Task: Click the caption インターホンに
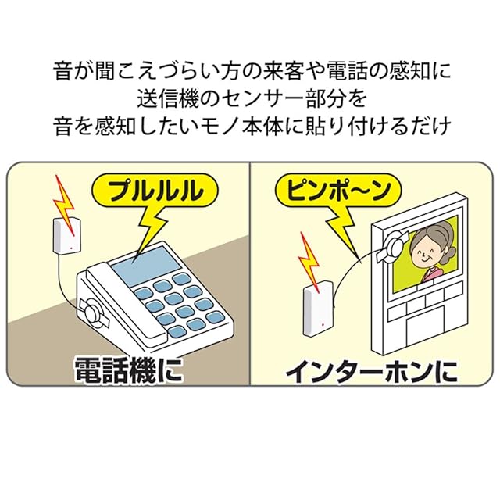pos(370,370)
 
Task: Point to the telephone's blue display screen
pos(145,263)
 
